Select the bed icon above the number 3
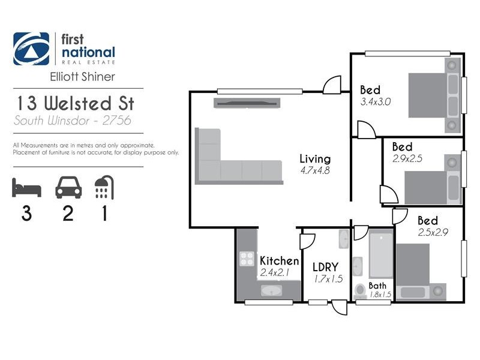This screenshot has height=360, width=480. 26,188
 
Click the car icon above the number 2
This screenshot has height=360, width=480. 68,188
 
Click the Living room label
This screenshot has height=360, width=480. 315,159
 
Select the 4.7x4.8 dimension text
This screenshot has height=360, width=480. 315,170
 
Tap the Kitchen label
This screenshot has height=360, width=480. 279,261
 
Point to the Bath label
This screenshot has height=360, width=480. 377,286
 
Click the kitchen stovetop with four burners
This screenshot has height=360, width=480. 247,259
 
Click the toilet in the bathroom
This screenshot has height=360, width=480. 360,291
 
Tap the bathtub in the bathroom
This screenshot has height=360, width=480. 379,255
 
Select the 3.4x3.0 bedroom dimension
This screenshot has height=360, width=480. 376,102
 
